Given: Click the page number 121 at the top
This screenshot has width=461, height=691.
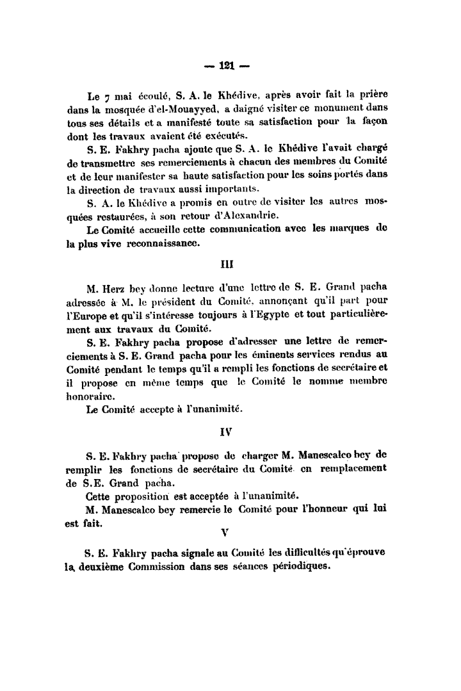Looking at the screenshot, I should pos(229,65).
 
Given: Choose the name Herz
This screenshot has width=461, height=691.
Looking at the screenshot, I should pos(115,289).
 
